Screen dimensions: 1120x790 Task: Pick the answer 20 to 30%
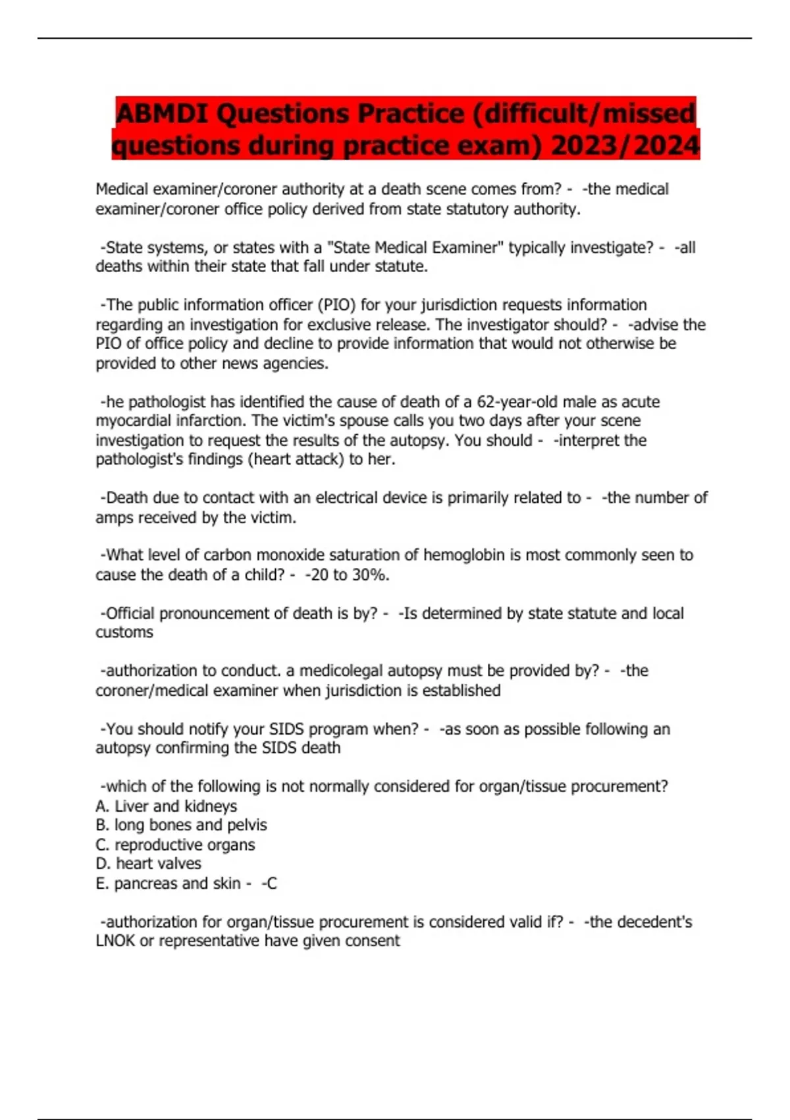[347, 574]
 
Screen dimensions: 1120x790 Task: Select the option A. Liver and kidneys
[166, 806]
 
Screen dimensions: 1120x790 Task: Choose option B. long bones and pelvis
[181, 825]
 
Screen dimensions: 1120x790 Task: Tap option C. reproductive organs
[175, 845]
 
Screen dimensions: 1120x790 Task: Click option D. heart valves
[148, 863]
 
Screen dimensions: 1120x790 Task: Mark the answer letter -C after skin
[269, 883]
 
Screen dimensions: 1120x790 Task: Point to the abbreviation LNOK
[115, 941]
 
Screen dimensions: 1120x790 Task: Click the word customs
[124, 632]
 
